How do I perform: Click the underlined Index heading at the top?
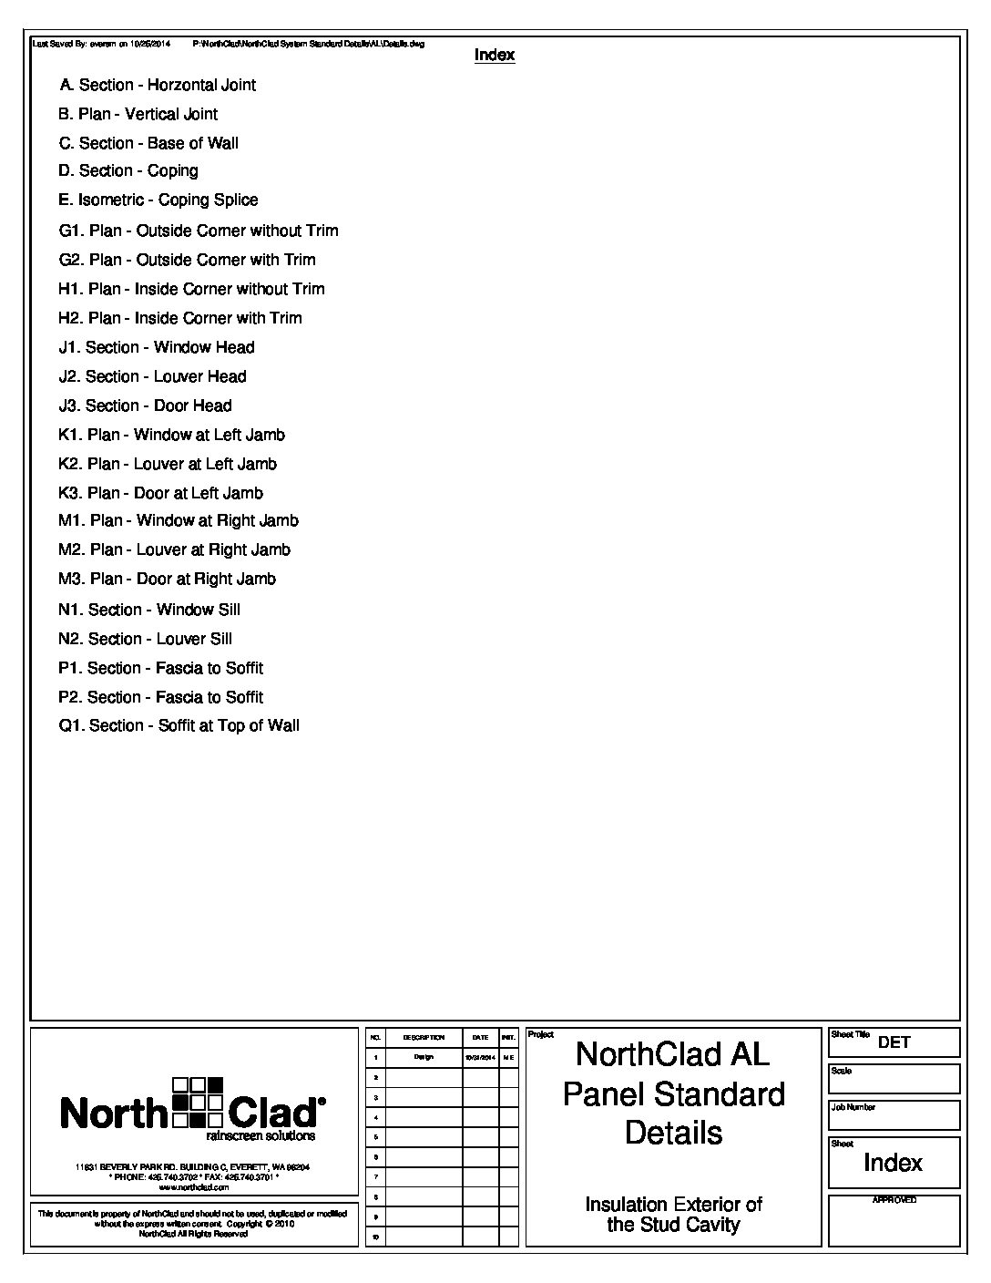(x=495, y=56)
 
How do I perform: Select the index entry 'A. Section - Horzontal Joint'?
(x=158, y=86)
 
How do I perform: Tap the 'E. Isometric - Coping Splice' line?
(x=158, y=200)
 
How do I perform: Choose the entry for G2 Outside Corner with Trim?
(x=188, y=261)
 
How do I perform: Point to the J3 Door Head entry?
(x=145, y=406)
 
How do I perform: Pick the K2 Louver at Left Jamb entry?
(x=168, y=465)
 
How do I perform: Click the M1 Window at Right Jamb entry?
(x=179, y=521)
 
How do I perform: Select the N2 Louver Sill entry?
(x=145, y=640)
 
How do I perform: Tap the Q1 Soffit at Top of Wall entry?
(x=179, y=726)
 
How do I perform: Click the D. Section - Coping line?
(x=128, y=171)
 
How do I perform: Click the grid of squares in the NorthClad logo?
(x=198, y=1102)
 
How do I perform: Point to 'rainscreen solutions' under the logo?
(x=261, y=1136)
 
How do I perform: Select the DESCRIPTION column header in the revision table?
(x=424, y=1038)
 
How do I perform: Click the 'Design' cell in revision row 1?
(x=424, y=1058)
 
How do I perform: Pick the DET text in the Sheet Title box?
(x=894, y=1042)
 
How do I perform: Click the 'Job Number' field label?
(x=853, y=1108)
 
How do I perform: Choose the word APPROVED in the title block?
(x=894, y=1200)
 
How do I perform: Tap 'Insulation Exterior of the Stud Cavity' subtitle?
(x=673, y=1215)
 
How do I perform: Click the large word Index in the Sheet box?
(x=893, y=1164)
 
